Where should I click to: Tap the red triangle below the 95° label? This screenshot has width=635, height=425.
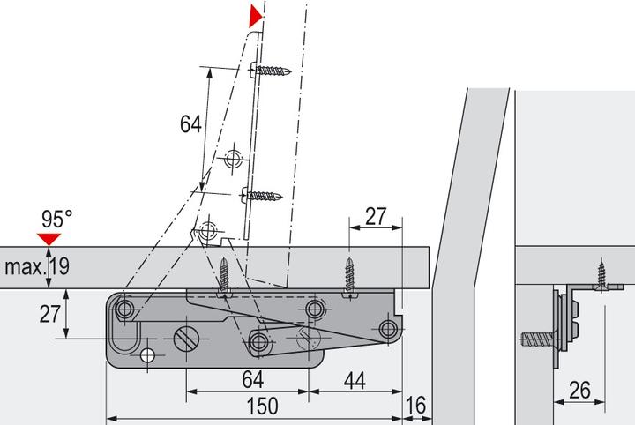point(49,237)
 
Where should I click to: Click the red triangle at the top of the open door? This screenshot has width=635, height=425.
point(256,15)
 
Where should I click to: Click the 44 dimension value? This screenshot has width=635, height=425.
point(355,380)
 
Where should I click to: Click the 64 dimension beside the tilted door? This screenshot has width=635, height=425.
point(191,124)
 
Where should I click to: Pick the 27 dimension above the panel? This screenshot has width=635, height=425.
point(377,216)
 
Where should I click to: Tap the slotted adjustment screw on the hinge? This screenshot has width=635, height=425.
point(188,338)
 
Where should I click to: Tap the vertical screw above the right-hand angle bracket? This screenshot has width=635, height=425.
point(602,274)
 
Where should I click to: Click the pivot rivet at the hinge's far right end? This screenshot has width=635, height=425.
point(387,329)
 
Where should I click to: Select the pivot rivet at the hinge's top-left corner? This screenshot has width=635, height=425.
point(124,308)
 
